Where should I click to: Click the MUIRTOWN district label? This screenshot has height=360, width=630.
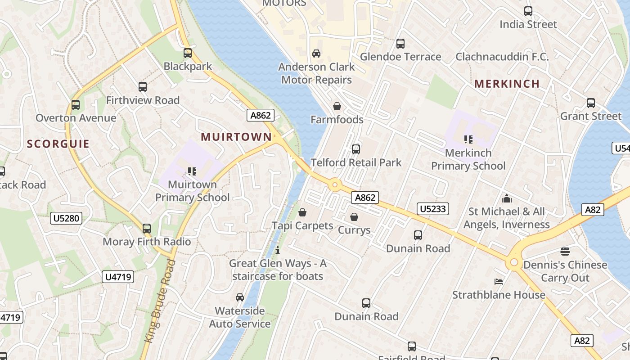pyautogui.click(x=236, y=137)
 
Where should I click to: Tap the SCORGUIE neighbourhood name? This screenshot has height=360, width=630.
pyautogui.click(x=58, y=144)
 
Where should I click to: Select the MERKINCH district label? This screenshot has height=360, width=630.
pyautogui.click(x=507, y=84)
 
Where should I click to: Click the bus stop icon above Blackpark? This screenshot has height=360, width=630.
pyautogui.click(x=188, y=53)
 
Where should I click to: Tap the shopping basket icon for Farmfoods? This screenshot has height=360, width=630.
pyautogui.click(x=337, y=106)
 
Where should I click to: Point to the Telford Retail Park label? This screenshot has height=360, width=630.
pyautogui.click(x=356, y=162)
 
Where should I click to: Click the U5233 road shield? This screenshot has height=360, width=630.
pyautogui.click(x=433, y=209)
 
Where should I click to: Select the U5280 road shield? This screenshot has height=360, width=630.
pyautogui.click(x=66, y=219)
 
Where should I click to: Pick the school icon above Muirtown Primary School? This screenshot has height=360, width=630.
pyautogui.click(x=192, y=171)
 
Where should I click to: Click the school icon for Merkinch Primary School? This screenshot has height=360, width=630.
pyautogui.click(x=468, y=139)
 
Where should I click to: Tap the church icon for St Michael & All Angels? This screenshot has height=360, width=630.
pyautogui.click(x=507, y=198)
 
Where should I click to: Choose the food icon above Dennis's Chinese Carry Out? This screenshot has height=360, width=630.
pyautogui.click(x=565, y=251)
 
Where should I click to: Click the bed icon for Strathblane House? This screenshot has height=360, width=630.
pyautogui.click(x=499, y=282)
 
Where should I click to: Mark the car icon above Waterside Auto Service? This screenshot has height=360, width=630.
pyautogui.click(x=240, y=297)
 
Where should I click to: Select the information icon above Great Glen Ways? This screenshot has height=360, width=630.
pyautogui.click(x=278, y=250)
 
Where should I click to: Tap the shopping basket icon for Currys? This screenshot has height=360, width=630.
pyautogui.click(x=354, y=217)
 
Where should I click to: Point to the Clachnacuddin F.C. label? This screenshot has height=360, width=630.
pyautogui.click(x=502, y=57)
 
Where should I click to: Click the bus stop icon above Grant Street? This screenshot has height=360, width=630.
pyautogui.click(x=591, y=103)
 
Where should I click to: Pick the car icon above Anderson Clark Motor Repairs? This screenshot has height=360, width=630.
pyautogui.click(x=316, y=54)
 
